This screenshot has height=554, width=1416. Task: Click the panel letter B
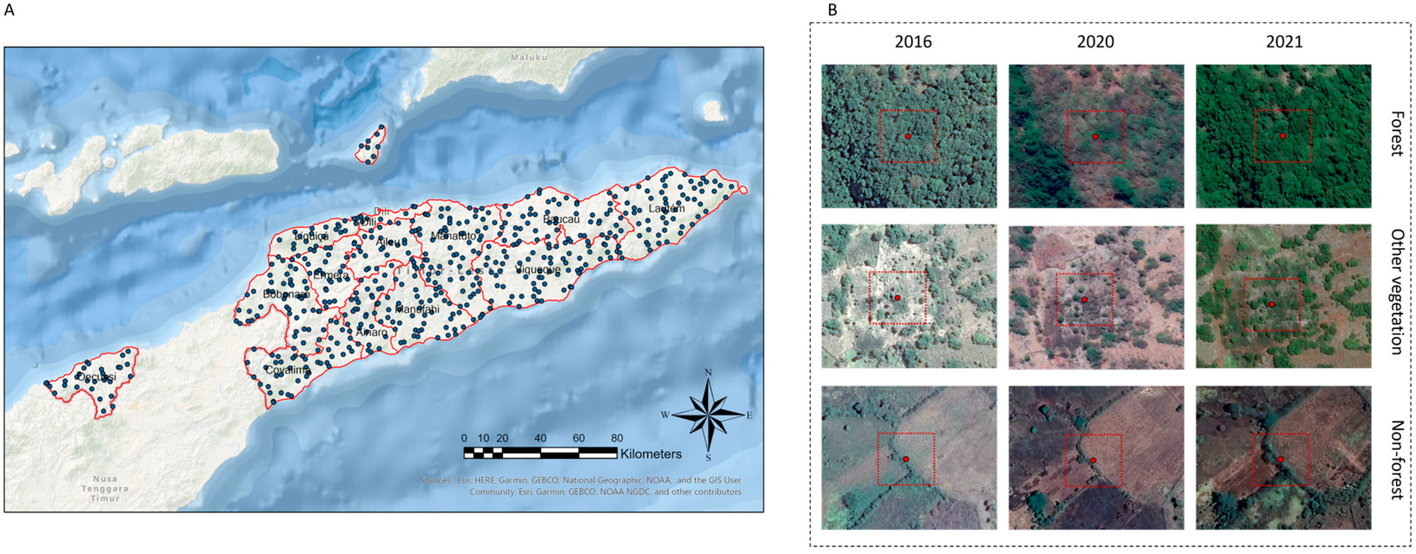tap(832, 10)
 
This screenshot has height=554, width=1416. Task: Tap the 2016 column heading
tap(913, 42)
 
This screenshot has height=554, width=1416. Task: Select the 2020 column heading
tap(1095, 42)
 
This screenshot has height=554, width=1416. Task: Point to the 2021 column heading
tap(1284, 42)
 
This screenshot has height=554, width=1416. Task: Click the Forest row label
tap(1397, 134)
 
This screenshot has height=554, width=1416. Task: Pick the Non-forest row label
tap(1397, 459)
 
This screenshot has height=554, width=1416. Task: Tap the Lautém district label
tap(666, 209)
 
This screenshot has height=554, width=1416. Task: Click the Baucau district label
tap(561, 219)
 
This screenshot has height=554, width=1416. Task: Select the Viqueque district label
tap(538, 269)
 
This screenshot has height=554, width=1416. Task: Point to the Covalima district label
tap(287, 370)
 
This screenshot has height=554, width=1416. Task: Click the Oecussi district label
tap(97, 377)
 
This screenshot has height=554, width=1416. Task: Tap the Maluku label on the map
tap(529, 57)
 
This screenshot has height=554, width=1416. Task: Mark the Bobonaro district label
tap(286, 295)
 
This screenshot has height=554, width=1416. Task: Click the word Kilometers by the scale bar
tap(651, 454)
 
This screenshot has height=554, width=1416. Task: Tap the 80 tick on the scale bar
tap(617, 438)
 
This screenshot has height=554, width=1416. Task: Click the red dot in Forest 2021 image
tap(1282, 136)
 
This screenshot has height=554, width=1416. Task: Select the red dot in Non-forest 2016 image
tap(906, 459)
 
